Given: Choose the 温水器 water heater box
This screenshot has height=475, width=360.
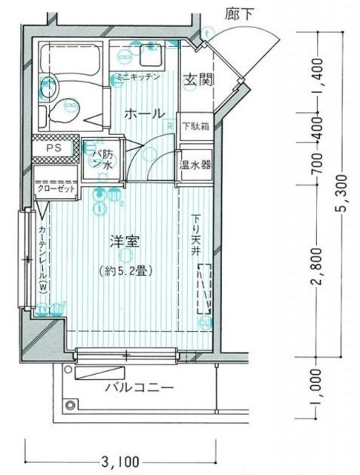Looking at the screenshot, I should pos(194,164).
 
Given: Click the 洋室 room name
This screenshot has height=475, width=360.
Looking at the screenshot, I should pos(125,242).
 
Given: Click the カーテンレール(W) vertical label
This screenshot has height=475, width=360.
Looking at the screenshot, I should pos(42,260).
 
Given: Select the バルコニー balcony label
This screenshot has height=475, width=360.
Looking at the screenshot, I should pos(139,387).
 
